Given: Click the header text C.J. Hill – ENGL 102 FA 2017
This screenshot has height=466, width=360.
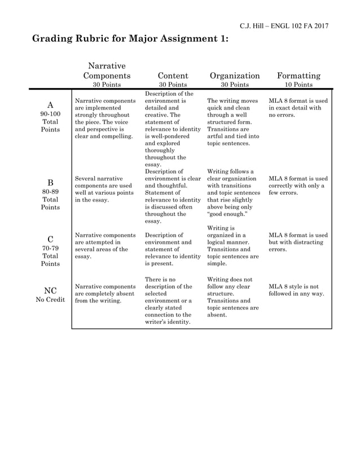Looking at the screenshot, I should [x=284, y=26].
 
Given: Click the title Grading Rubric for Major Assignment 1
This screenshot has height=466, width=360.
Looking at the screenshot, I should [x=130, y=39].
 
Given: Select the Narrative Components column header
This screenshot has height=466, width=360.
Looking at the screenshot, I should [x=107, y=71].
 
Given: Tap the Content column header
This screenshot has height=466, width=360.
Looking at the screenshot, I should [x=173, y=76].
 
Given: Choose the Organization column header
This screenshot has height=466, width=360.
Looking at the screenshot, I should [x=235, y=76].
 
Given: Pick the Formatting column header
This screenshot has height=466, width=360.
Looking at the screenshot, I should [x=298, y=76].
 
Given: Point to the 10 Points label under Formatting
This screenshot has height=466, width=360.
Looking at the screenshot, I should [x=298, y=85].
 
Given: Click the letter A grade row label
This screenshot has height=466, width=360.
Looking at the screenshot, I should [x=50, y=105].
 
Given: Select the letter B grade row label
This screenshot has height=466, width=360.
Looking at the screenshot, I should [x=50, y=183].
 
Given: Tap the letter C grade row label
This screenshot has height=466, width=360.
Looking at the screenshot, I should [x=50, y=239].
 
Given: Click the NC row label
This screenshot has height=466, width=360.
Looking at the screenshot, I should [x=50, y=291].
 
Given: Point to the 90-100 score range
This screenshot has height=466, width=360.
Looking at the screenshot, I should [x=50, y=113].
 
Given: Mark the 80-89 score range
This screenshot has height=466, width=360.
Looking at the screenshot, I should [x=50, y=191].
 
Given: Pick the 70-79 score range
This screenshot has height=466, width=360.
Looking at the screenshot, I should [x=50, y=248].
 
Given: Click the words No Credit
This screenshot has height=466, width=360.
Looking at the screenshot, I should [x=50, y=300].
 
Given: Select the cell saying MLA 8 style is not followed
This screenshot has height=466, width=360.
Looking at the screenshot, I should [x=297, y=290].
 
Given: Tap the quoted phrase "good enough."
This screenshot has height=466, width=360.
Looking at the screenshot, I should [x=226, y=214].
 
